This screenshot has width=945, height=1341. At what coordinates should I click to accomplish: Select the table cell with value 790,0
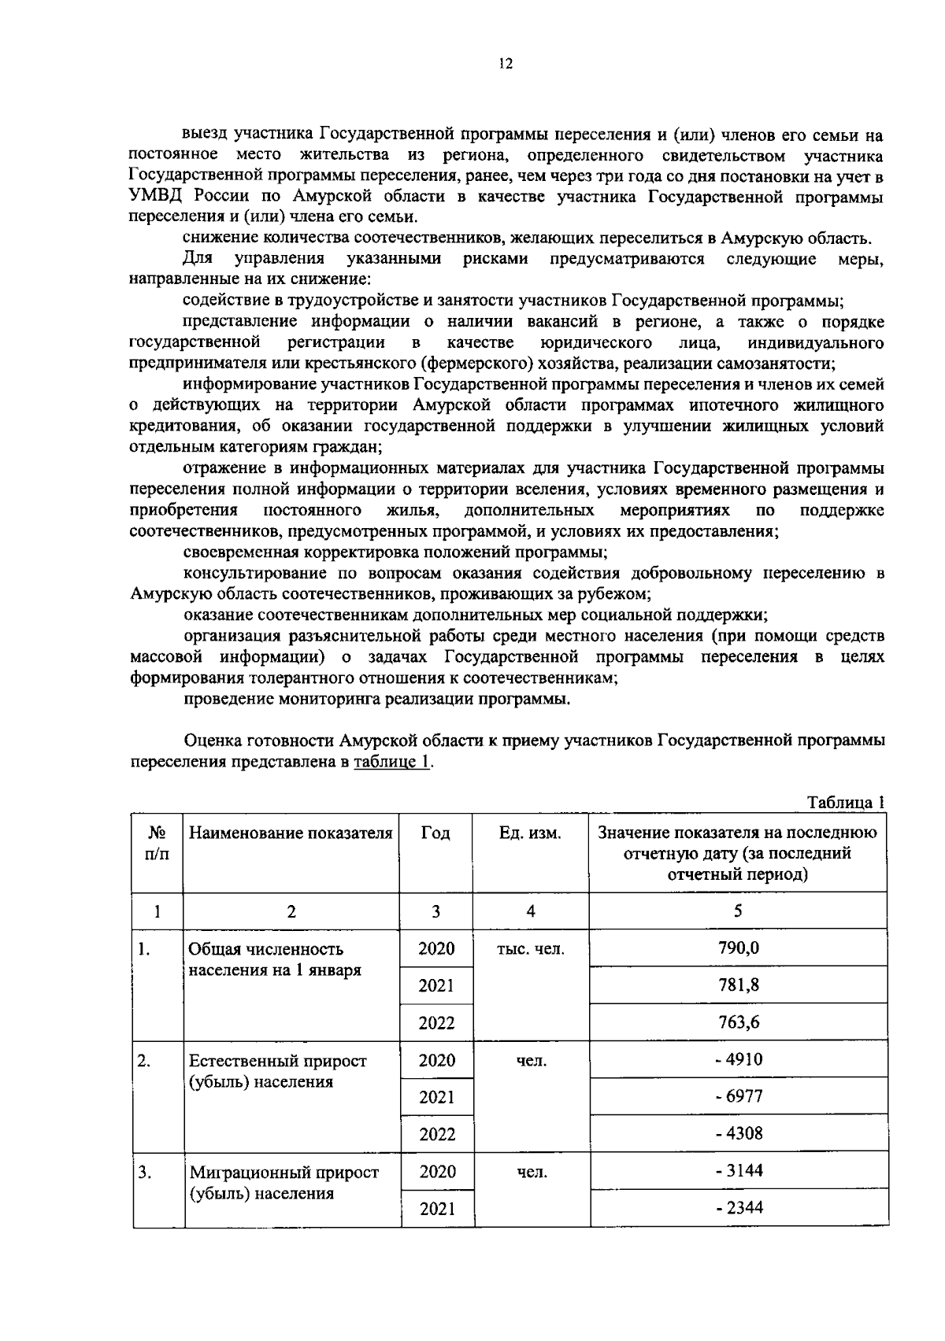click(738, 948)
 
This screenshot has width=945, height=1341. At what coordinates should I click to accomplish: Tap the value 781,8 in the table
click(738, 985)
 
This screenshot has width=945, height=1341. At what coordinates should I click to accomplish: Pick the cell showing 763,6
click(738, 1022)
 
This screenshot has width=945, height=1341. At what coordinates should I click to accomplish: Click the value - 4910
click(738, 1059)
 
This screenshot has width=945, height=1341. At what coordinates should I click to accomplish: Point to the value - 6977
click(738, 1096)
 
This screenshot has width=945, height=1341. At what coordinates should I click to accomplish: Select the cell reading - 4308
click(738, 1134)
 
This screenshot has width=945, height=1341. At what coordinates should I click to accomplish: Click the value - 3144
click(738, 1171)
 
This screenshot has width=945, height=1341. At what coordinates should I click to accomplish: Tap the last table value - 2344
click(738, 1208)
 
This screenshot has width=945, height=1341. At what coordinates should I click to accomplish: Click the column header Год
click(435, 833)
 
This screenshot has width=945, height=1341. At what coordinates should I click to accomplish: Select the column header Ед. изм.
click(530, 833)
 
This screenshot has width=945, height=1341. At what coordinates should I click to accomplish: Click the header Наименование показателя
click(291, 833)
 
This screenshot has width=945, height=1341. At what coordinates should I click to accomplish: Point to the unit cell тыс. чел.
click(530, 949)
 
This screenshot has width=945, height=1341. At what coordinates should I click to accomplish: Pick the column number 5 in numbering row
click(738, 911)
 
